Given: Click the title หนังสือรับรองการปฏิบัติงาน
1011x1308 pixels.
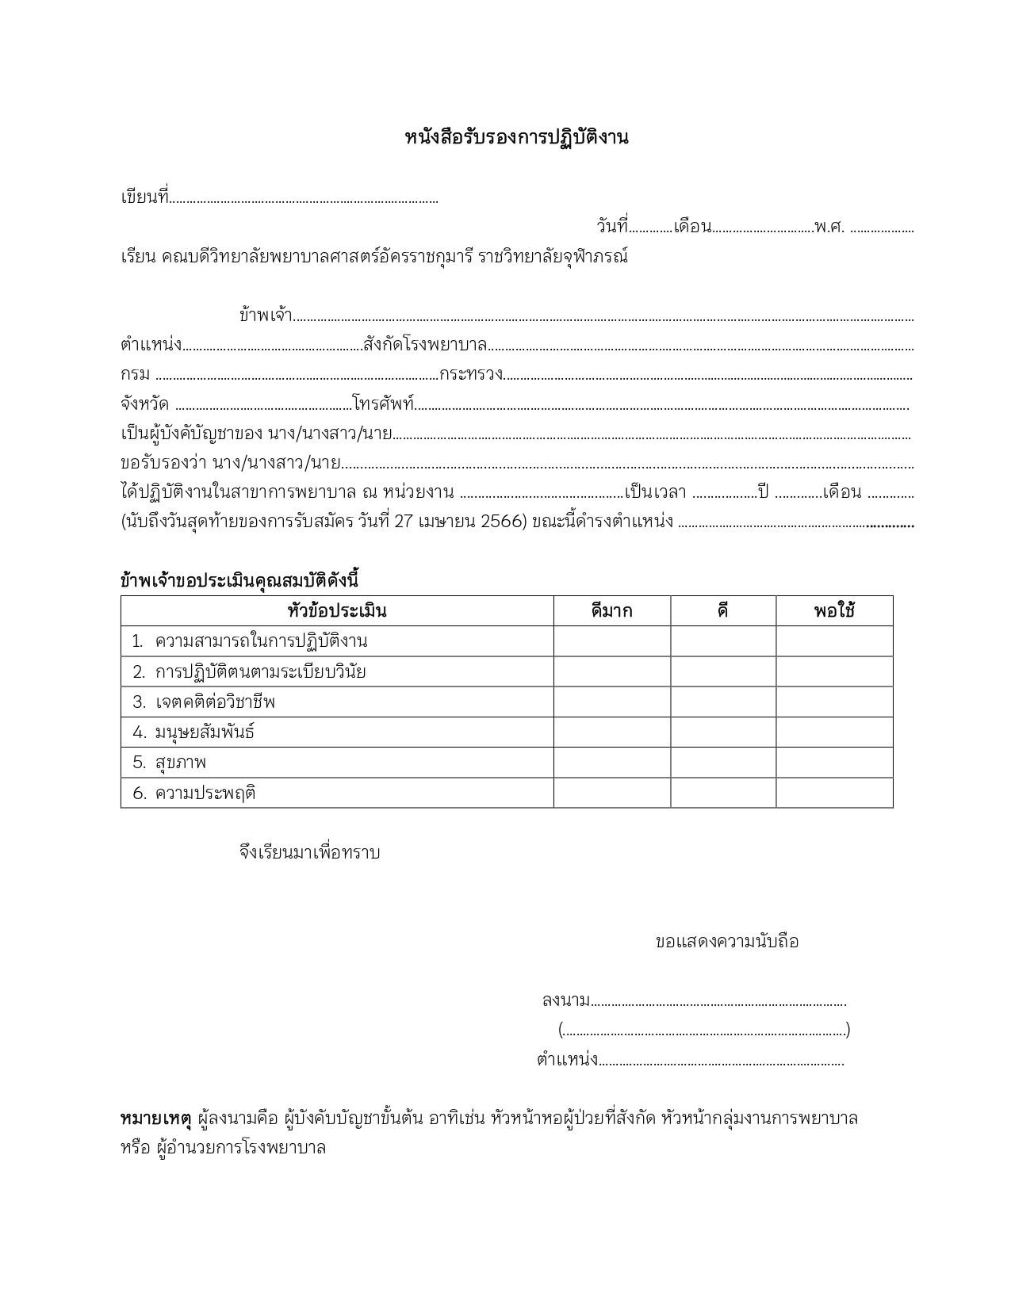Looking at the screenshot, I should [x=516, y=137].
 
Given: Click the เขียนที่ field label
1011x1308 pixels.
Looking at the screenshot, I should [x=144, y=197].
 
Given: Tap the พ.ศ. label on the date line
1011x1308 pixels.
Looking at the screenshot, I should [x=829, y=227].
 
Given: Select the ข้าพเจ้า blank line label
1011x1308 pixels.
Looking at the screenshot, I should [x=266, y=315].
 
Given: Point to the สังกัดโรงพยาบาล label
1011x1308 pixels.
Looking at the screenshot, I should [x=425, y=345].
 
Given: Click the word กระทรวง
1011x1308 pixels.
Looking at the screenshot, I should [x=471, y=374].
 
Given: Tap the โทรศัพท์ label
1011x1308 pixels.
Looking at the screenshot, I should [x=384, y=403].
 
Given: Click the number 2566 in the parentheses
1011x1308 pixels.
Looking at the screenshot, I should [x=501, y=522].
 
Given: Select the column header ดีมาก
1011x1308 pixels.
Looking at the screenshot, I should [x=611, y=611].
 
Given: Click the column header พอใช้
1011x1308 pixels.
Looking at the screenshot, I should [x=834, y=611].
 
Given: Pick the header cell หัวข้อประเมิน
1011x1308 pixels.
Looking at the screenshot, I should [x=337, y=611].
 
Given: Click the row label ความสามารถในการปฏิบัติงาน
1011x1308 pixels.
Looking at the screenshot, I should [x=261, y=641].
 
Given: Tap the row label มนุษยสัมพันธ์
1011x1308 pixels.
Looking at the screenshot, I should [x=205, y=732].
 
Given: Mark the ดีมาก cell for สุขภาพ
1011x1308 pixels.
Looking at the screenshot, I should [x=611, y=763].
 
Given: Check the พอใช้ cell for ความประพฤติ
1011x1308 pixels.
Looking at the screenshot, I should [x=834, y=793].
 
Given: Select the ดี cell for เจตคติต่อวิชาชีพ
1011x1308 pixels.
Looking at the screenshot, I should [x=723, y=702].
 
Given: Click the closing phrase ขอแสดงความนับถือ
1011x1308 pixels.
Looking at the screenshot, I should [x=726, y=942].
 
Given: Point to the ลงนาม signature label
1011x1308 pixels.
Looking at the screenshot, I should [x=565, y=1000].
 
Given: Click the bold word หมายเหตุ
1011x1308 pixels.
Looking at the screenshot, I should [x=155, y=1119].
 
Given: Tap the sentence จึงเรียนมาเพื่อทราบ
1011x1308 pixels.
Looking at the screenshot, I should [x=309, y=853].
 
